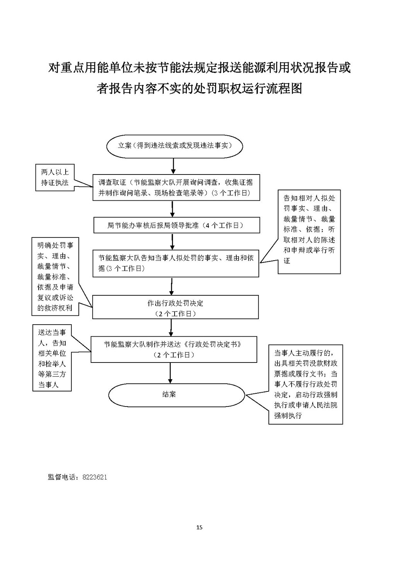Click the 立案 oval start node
174,146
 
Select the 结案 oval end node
176,395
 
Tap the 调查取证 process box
176,188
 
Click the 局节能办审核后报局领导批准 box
177,225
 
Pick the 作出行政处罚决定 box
175,307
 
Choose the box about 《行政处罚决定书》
174,349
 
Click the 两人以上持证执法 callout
55,178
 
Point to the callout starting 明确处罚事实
55,277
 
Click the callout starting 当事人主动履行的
306,384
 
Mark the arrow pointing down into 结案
170,373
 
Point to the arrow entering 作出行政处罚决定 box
171,286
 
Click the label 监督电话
63,477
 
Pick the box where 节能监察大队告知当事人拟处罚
176,263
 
